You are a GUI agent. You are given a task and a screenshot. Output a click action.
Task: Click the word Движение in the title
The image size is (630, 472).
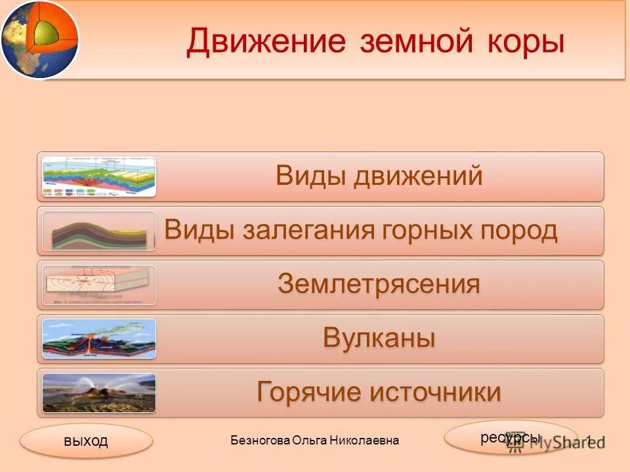(x=265, y=43)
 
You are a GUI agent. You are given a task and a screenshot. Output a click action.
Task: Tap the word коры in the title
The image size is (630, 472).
(x=525, y=43)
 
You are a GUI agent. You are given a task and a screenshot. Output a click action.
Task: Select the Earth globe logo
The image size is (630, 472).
(x=38, y=38)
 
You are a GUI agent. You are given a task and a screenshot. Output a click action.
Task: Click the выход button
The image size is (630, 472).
(x=86, y=441)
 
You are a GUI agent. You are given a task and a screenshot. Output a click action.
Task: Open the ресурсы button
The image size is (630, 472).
(x=510, y=437)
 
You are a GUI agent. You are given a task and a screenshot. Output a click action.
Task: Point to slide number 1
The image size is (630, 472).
(x=589, y=441)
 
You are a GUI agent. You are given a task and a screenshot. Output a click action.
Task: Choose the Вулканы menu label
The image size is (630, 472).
(x=379, y=339)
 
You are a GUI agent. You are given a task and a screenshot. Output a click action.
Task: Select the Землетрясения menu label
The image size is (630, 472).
(x=379, y=285)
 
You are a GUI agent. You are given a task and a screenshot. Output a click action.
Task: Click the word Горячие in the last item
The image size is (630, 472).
(x=306, y=393)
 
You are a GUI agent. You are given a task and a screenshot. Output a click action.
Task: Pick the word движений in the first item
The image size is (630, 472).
(x=419, y=176)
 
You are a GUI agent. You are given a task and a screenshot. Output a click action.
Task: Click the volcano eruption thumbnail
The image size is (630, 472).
(x=99, y=339)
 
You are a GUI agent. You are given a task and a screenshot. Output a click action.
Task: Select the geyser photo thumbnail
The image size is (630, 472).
(x=99, y=393)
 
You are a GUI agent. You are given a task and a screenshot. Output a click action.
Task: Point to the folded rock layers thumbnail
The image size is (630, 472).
(x=99, y=231)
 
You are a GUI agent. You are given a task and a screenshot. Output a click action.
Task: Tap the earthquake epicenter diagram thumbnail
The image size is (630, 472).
(x=99, y=285)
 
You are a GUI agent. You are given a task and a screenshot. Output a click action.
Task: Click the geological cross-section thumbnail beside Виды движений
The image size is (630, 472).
(x=99, y=176)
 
